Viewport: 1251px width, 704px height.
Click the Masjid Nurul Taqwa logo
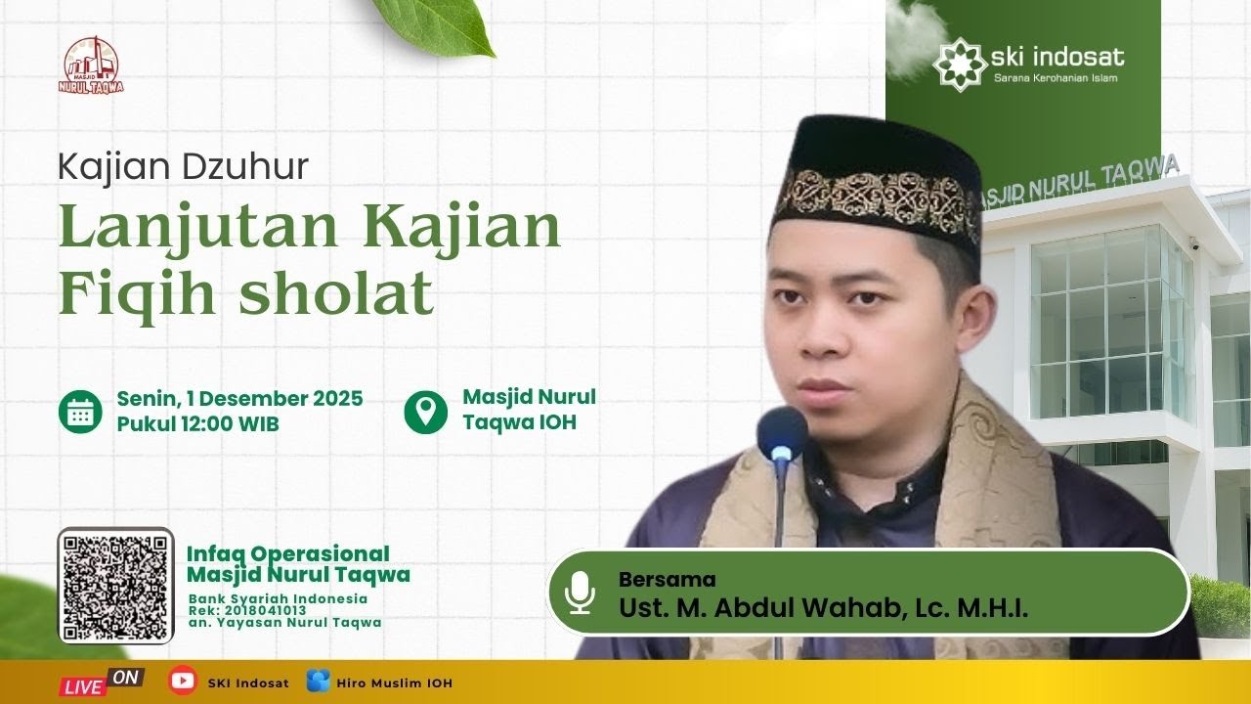(92, 66)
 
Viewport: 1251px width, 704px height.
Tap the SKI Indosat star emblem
(959, 62)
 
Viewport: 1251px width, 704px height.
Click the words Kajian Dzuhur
(183, 167)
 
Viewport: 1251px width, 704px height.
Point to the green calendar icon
(80, 412)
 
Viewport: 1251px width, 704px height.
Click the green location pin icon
(425, 412)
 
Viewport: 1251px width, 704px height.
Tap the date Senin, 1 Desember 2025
(239, 399)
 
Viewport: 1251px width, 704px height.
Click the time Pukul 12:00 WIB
(197, 424)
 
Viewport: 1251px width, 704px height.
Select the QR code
(115, 586)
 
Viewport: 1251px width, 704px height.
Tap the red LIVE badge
(84, 685)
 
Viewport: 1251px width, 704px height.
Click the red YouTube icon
(182, 682)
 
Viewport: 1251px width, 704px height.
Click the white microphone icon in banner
(580, 593)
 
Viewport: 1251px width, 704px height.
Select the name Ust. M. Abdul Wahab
(762, 607)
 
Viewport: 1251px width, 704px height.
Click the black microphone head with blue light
(782, 435)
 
